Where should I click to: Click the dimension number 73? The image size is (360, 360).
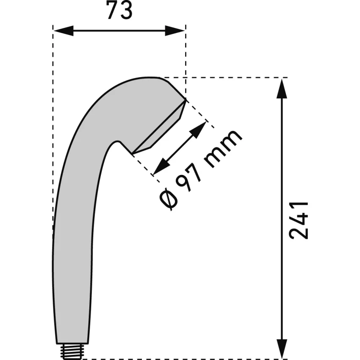119,11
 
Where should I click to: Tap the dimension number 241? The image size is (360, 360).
299,221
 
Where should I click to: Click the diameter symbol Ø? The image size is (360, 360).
169,198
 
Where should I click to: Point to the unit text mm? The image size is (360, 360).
223,148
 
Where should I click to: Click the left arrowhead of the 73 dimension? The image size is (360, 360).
64,31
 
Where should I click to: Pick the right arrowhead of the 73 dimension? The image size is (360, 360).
175,31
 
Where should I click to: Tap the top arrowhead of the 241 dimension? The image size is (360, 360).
282,89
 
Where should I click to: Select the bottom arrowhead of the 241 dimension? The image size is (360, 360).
282,349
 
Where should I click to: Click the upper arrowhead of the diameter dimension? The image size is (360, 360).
197,130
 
